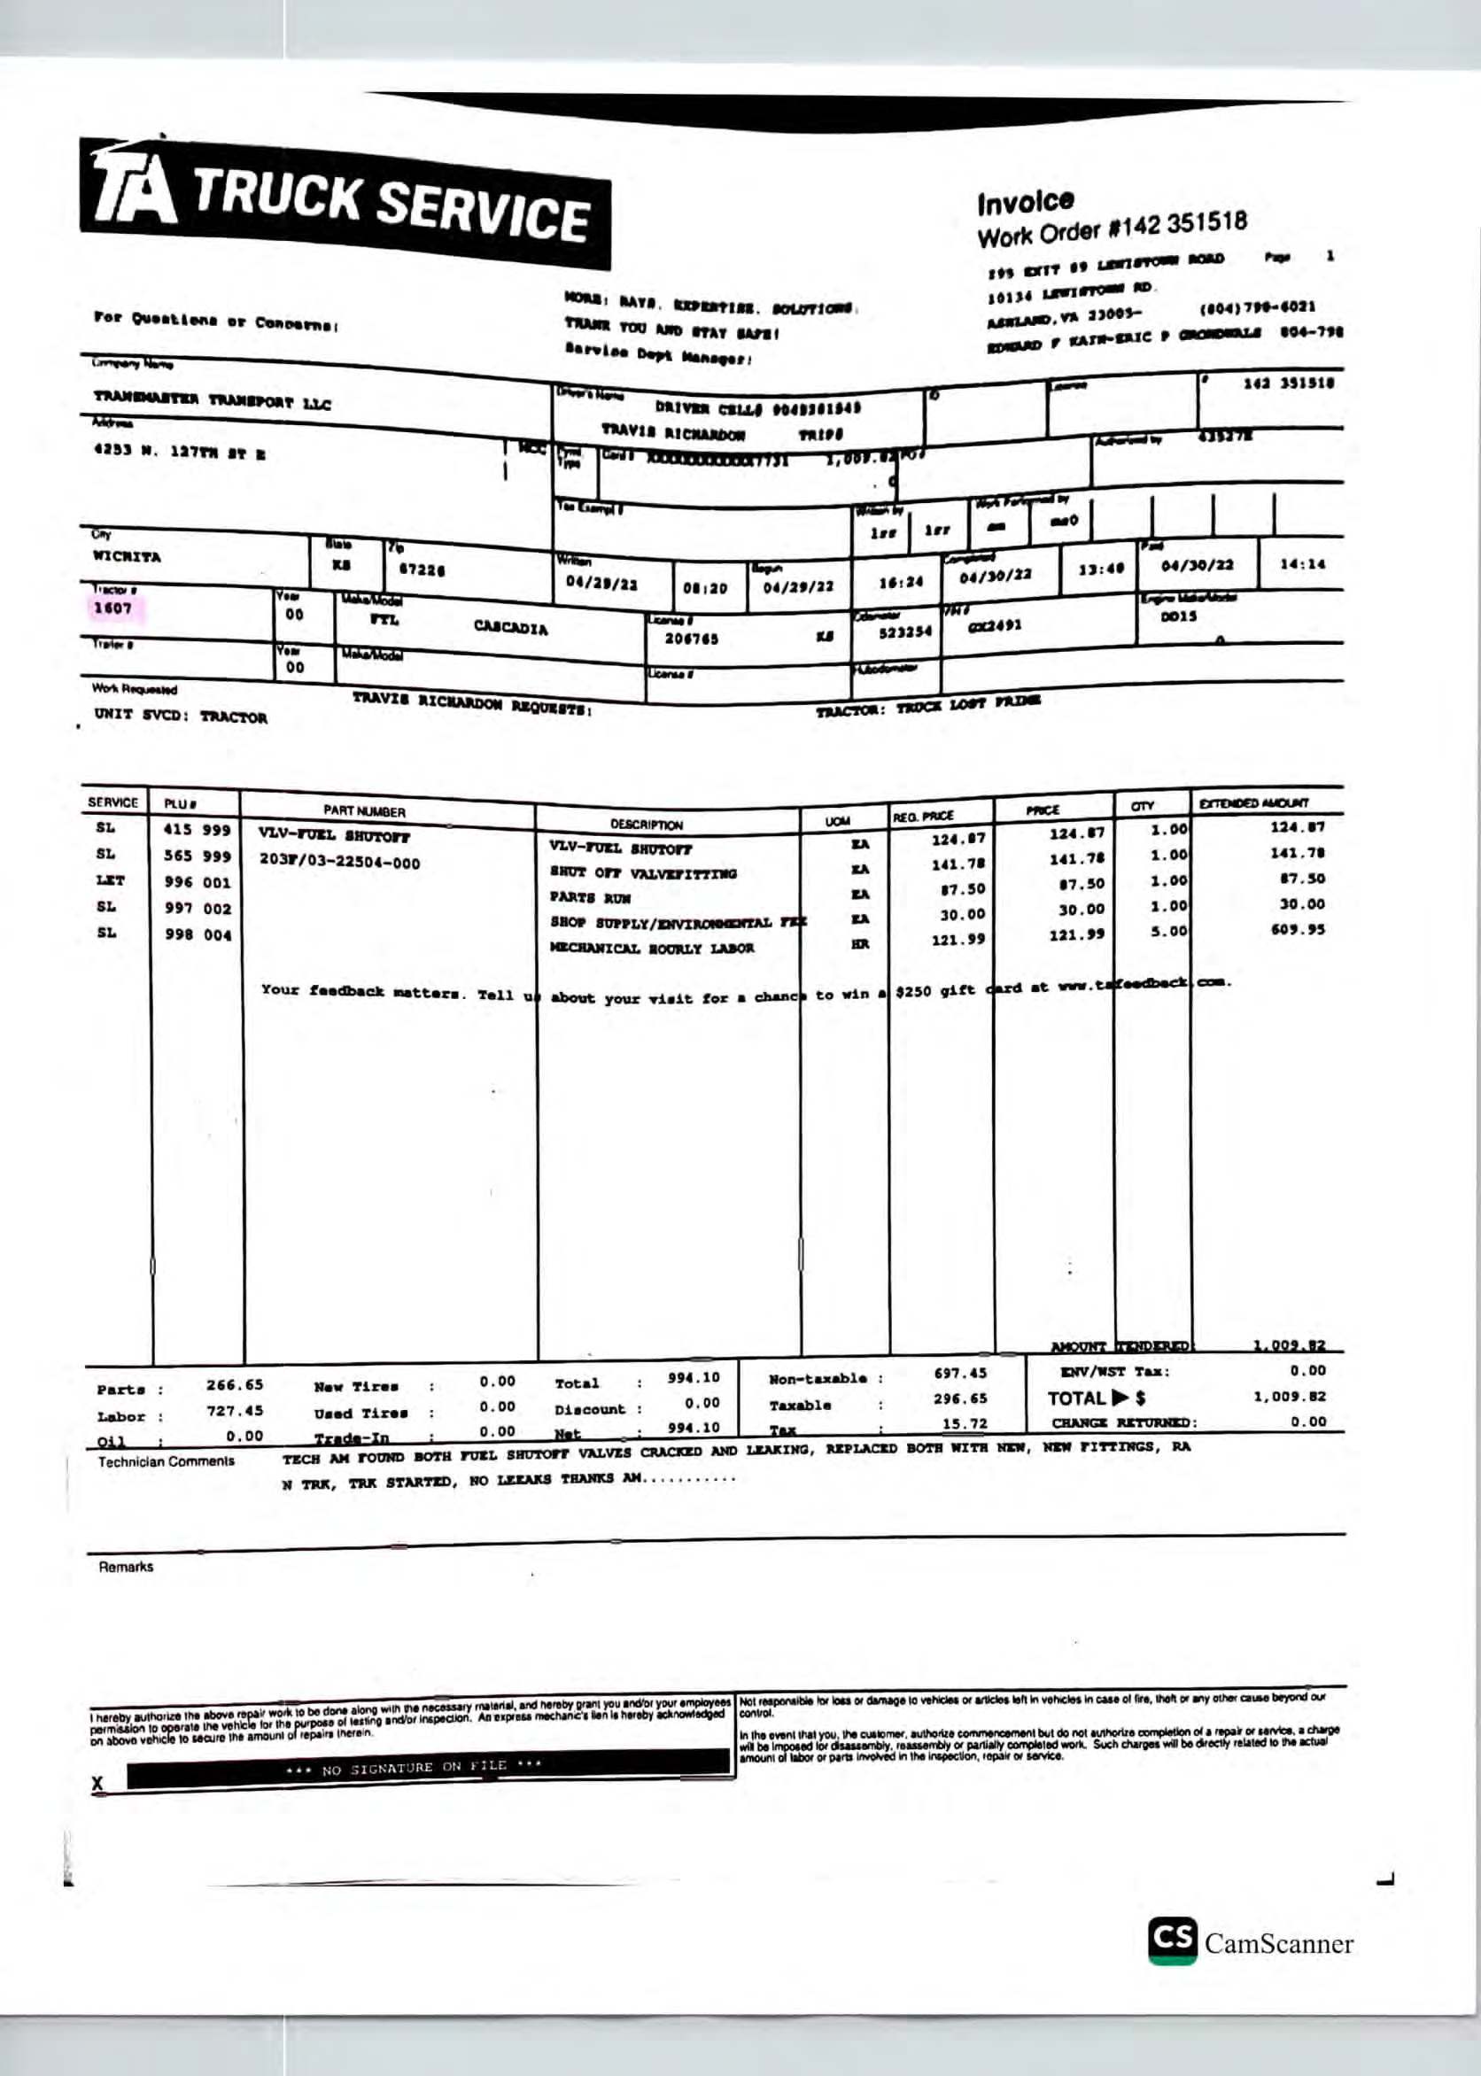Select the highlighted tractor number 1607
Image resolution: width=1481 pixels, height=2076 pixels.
113,608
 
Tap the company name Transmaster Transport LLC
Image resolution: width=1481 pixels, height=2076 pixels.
212,400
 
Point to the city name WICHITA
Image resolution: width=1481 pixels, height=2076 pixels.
127,556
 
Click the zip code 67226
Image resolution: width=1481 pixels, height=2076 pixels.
422,569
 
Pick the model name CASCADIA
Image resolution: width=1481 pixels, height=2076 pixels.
511,628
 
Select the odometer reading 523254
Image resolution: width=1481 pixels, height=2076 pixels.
905,631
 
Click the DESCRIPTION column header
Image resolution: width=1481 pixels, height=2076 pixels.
647,825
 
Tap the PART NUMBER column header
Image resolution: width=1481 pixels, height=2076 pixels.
364,810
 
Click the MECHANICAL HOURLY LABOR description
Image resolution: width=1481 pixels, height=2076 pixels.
651,949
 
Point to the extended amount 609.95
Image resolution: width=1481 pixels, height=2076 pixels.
1298,930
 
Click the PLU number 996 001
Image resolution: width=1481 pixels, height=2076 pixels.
197,882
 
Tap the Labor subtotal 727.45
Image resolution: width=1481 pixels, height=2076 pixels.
235,1411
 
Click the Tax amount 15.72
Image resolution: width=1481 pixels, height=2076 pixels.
960,1423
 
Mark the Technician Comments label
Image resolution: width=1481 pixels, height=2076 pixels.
166,1461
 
